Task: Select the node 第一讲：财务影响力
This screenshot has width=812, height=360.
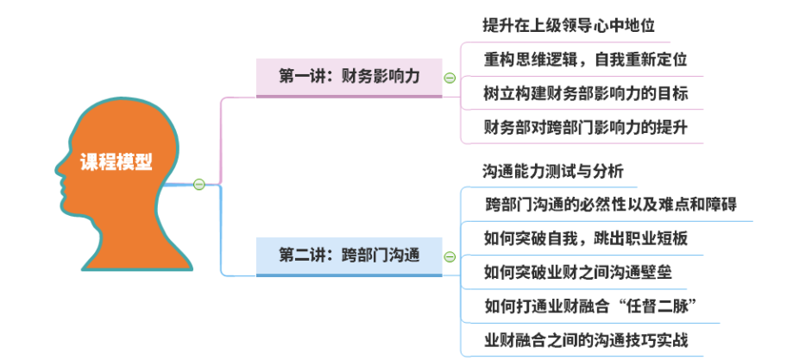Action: (349, 76)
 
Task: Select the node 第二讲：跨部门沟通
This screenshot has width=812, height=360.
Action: (349, 256)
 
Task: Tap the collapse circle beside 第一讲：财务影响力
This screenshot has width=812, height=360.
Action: (450, 78)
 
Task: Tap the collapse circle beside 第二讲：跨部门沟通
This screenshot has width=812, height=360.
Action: (450, 256)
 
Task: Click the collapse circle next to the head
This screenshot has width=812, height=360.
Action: (198, 184)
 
